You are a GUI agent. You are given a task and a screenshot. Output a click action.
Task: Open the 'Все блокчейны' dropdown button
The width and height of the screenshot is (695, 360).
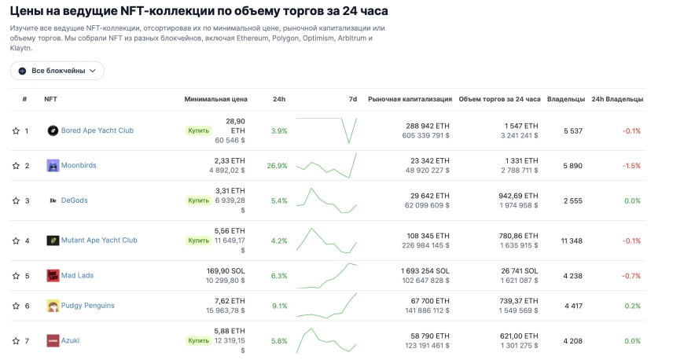point(57,71)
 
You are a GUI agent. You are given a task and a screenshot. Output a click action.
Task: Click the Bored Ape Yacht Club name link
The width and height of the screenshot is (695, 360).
point(97,130)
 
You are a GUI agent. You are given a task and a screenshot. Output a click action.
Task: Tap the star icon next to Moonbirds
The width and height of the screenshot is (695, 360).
point(16,166)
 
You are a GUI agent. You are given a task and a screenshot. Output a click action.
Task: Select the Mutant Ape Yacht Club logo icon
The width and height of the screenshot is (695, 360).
point(53,241)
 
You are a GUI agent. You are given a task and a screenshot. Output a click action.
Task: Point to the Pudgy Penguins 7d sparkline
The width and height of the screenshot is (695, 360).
point(326,306)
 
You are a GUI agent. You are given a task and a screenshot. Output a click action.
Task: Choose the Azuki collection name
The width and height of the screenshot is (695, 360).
point(70,340)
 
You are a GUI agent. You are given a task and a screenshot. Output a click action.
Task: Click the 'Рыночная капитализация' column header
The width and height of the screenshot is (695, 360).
point(410,99)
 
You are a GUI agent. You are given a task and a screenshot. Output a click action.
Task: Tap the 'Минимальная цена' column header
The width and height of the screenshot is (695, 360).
point(215,99)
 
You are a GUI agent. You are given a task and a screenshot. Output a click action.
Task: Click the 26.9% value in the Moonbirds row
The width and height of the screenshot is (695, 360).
point(278,166)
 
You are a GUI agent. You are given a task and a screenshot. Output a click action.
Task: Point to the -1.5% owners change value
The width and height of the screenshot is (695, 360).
point(631,166)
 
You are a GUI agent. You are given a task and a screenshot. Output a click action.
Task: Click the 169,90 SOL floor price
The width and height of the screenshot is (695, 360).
point(226,270)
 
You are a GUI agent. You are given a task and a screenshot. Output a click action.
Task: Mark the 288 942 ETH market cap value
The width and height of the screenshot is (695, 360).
point(428,126)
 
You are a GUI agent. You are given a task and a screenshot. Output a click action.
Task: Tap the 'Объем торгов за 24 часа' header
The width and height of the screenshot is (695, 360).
point(499,99)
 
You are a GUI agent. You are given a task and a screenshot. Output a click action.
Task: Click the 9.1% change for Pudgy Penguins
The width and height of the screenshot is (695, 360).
point(279,306)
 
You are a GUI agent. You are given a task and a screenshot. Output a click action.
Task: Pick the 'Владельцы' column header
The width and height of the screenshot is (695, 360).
point(566,99)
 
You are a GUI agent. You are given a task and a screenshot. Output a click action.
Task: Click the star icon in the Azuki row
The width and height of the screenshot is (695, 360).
point(16,340)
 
